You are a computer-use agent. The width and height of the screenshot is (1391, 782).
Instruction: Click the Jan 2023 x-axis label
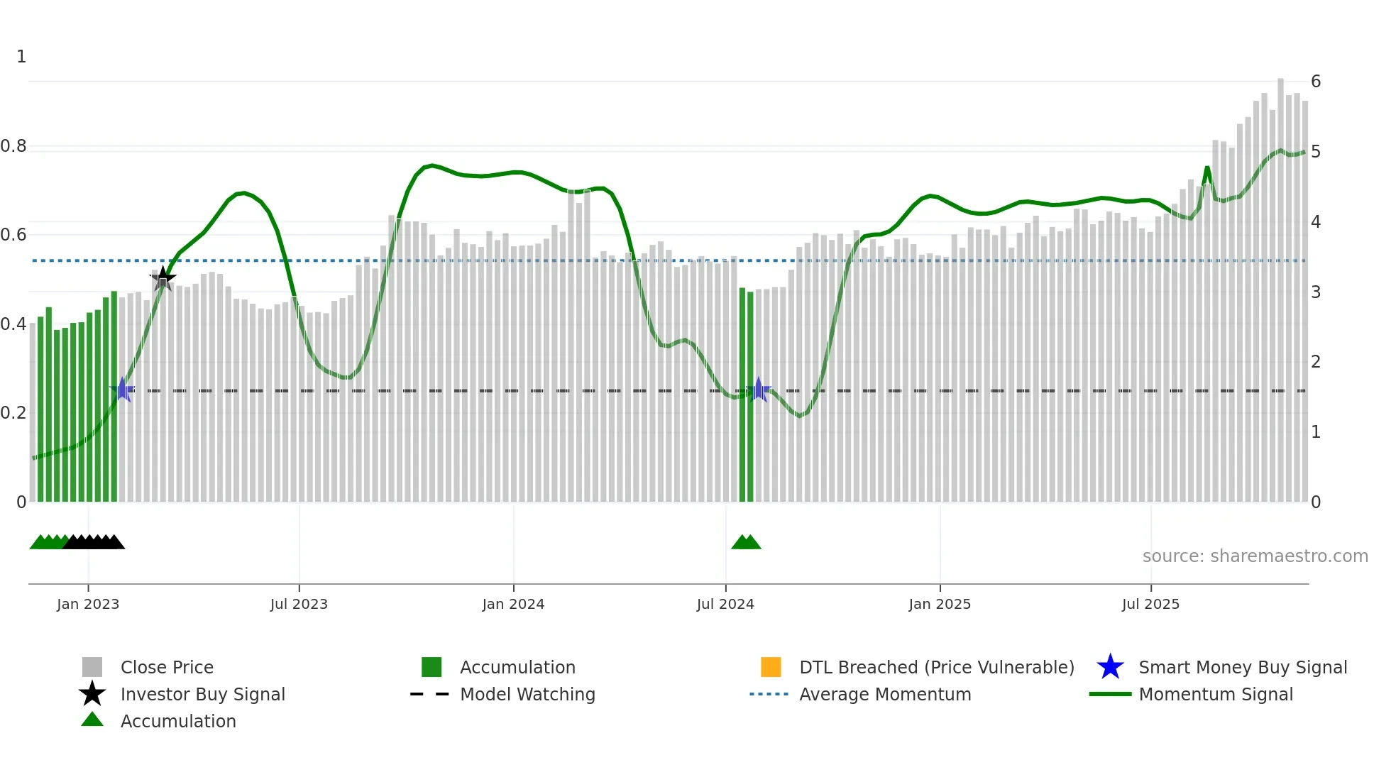click(x=88, y=605)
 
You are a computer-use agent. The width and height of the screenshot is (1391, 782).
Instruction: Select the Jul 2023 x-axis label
click(x=299, y=605)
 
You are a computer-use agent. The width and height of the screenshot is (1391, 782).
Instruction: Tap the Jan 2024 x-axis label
click(x=513, y=605)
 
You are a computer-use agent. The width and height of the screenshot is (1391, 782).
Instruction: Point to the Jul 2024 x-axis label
click(x=725, y=605)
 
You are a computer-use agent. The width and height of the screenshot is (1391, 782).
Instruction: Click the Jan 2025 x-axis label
click(x=940, y=605)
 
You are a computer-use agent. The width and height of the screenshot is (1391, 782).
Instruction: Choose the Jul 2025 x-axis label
click(x=1150, y=605)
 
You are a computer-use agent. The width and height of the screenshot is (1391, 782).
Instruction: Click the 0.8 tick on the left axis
click(x=13, y=146)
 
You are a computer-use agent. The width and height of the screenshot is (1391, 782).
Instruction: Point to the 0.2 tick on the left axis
click(x=13, y=413)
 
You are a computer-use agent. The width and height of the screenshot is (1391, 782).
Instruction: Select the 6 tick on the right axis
click(x=1316, y=82)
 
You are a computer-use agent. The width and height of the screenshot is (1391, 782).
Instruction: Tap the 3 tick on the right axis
click(x=1316, y=292)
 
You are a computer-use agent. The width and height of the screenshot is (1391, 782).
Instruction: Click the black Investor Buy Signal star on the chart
click(x=163, y=278)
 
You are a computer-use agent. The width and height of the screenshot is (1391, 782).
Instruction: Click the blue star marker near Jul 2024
click(x=759, y=390)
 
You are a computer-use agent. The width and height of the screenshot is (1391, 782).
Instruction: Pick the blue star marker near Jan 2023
click(x=122, y=390)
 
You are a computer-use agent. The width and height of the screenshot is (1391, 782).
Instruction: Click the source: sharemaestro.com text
click(x=1255, y=556)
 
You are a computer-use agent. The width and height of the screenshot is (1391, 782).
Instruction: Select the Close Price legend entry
click(x=167, y=668)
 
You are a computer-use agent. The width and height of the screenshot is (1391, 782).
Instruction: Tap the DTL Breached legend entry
click(x=936, y=668)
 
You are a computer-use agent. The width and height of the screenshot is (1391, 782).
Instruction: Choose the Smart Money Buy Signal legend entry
click(x=1242, y=668)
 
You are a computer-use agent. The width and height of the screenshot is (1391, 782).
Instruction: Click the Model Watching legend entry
click(x=527, y=695)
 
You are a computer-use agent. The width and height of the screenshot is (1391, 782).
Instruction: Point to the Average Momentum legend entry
click(x=885, y=695)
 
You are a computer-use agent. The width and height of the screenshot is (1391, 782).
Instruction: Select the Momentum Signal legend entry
click(x=1216, y=695)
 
